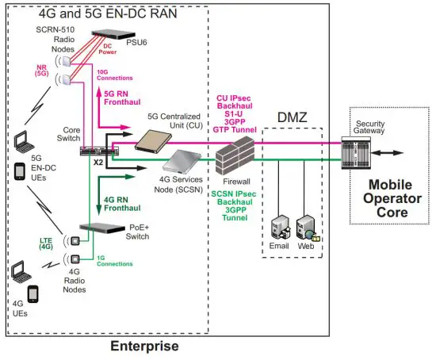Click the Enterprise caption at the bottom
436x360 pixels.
(x=145, y=346)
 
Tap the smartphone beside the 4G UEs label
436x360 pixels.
(x=33, y=295)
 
